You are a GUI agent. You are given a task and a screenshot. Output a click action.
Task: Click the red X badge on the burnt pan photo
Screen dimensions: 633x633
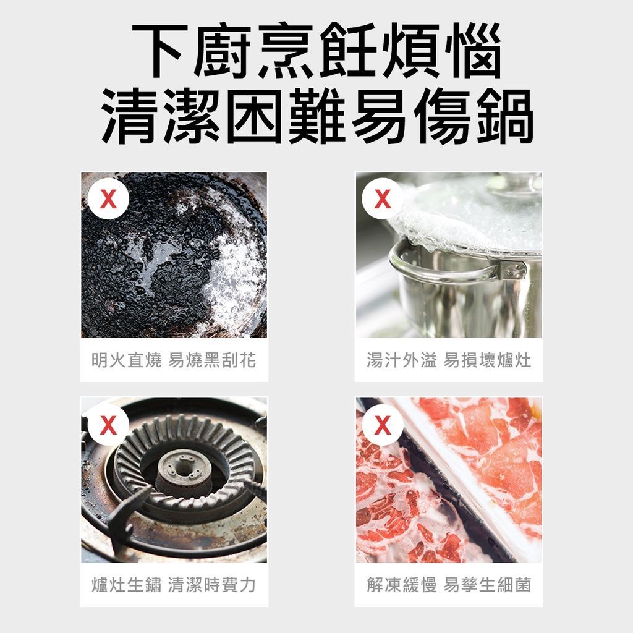(108, 199)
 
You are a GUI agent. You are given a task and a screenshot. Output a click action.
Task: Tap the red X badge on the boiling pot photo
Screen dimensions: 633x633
(383, 199)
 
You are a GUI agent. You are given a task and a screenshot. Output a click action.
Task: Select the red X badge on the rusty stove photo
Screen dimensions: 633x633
(108, 425)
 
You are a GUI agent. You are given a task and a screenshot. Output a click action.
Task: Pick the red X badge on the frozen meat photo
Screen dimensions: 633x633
(383, 425)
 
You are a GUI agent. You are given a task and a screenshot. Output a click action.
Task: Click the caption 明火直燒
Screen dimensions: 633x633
(127, 360)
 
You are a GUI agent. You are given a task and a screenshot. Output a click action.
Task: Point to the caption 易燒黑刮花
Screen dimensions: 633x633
(212, 360)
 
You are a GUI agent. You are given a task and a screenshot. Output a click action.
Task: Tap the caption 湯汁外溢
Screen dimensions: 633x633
(401, 360)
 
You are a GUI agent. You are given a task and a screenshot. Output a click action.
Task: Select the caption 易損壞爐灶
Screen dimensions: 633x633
(487, 360)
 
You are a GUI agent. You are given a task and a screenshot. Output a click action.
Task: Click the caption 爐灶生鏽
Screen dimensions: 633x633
(127, 585)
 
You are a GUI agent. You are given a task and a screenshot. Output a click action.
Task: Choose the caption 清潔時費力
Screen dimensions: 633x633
(212, 585)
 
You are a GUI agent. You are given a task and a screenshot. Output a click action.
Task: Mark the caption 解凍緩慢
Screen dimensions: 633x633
(401, 585)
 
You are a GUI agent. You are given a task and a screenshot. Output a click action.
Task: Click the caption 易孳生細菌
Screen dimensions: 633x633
(487, 585)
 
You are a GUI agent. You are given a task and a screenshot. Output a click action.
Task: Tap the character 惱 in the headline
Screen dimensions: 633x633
(472, 51)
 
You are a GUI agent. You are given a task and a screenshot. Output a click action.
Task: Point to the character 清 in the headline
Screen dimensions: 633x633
(130, 117)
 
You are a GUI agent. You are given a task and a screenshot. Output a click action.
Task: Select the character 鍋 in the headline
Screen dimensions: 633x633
(503, 117)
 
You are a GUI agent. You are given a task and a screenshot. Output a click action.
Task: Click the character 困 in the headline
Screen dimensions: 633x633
(254, 117)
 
